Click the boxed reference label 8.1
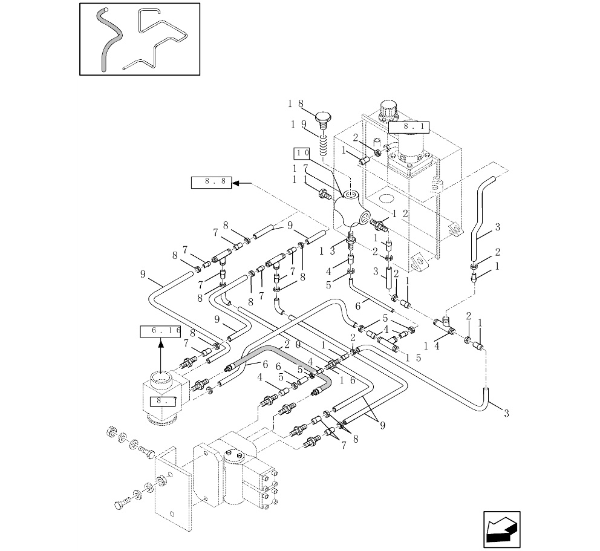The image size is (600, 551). click(x=408, y=127)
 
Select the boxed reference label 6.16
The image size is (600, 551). click(x=161, y=331)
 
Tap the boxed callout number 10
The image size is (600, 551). click(x=302, y=152)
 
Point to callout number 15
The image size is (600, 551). click(x=414, y=357)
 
